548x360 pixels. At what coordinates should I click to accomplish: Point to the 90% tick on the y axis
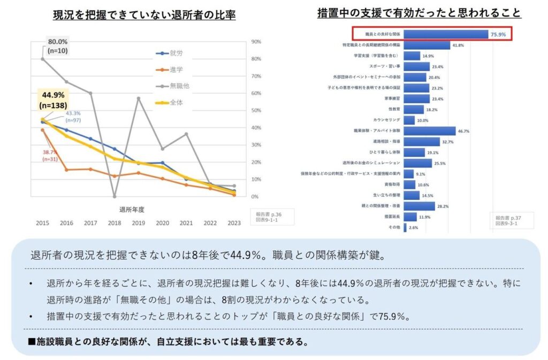click(256, 42)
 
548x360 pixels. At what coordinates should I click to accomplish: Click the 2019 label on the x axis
click(139, 223)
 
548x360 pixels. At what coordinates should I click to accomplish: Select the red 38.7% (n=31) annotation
click(50, 156)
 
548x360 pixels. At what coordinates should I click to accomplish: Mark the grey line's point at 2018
click(115, 196)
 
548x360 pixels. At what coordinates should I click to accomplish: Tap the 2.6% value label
click(413, 227)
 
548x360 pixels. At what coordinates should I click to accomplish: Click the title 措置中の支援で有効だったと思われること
click(418, 12)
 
